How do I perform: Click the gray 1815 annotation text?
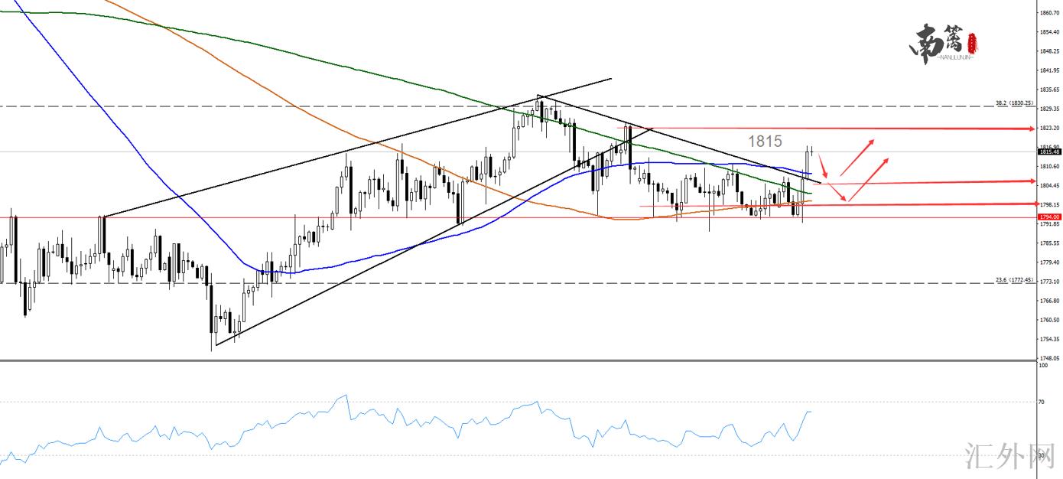click(765, 141)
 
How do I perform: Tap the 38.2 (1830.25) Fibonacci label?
click(1014, 103)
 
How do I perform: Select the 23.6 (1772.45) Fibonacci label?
click(1014, 280)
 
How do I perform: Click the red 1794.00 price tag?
click(1048, 217)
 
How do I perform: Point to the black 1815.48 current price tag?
click(1048, 152)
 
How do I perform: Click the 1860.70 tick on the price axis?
click(1048, 13)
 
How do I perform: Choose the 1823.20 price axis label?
click(1048, 128)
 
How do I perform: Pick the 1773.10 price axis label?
click(1048, 282)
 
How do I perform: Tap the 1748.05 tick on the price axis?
click(1048, 358)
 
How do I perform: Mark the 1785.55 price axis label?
click(1048, 243)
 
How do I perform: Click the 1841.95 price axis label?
click(1048, 70)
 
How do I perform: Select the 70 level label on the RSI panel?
click(1042, 401)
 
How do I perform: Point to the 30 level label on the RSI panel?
click(1042, 455)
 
